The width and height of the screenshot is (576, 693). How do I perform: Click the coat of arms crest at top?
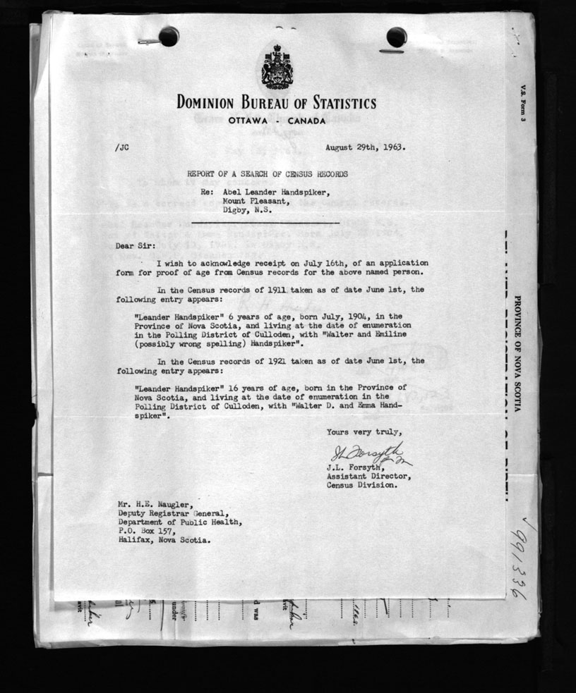coord(276,68)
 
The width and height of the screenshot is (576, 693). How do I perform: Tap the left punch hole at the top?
coord(169,36)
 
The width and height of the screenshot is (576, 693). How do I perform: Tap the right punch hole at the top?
coord(396,37)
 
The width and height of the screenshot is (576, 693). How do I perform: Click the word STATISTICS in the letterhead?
coord(336,103)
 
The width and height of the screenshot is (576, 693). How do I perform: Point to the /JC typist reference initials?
coord(121,148)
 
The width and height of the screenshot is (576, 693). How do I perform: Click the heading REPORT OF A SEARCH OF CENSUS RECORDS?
coord(267,173)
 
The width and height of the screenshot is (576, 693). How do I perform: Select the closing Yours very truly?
coord(365,431)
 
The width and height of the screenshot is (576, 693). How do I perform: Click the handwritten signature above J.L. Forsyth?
coord(367,453)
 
